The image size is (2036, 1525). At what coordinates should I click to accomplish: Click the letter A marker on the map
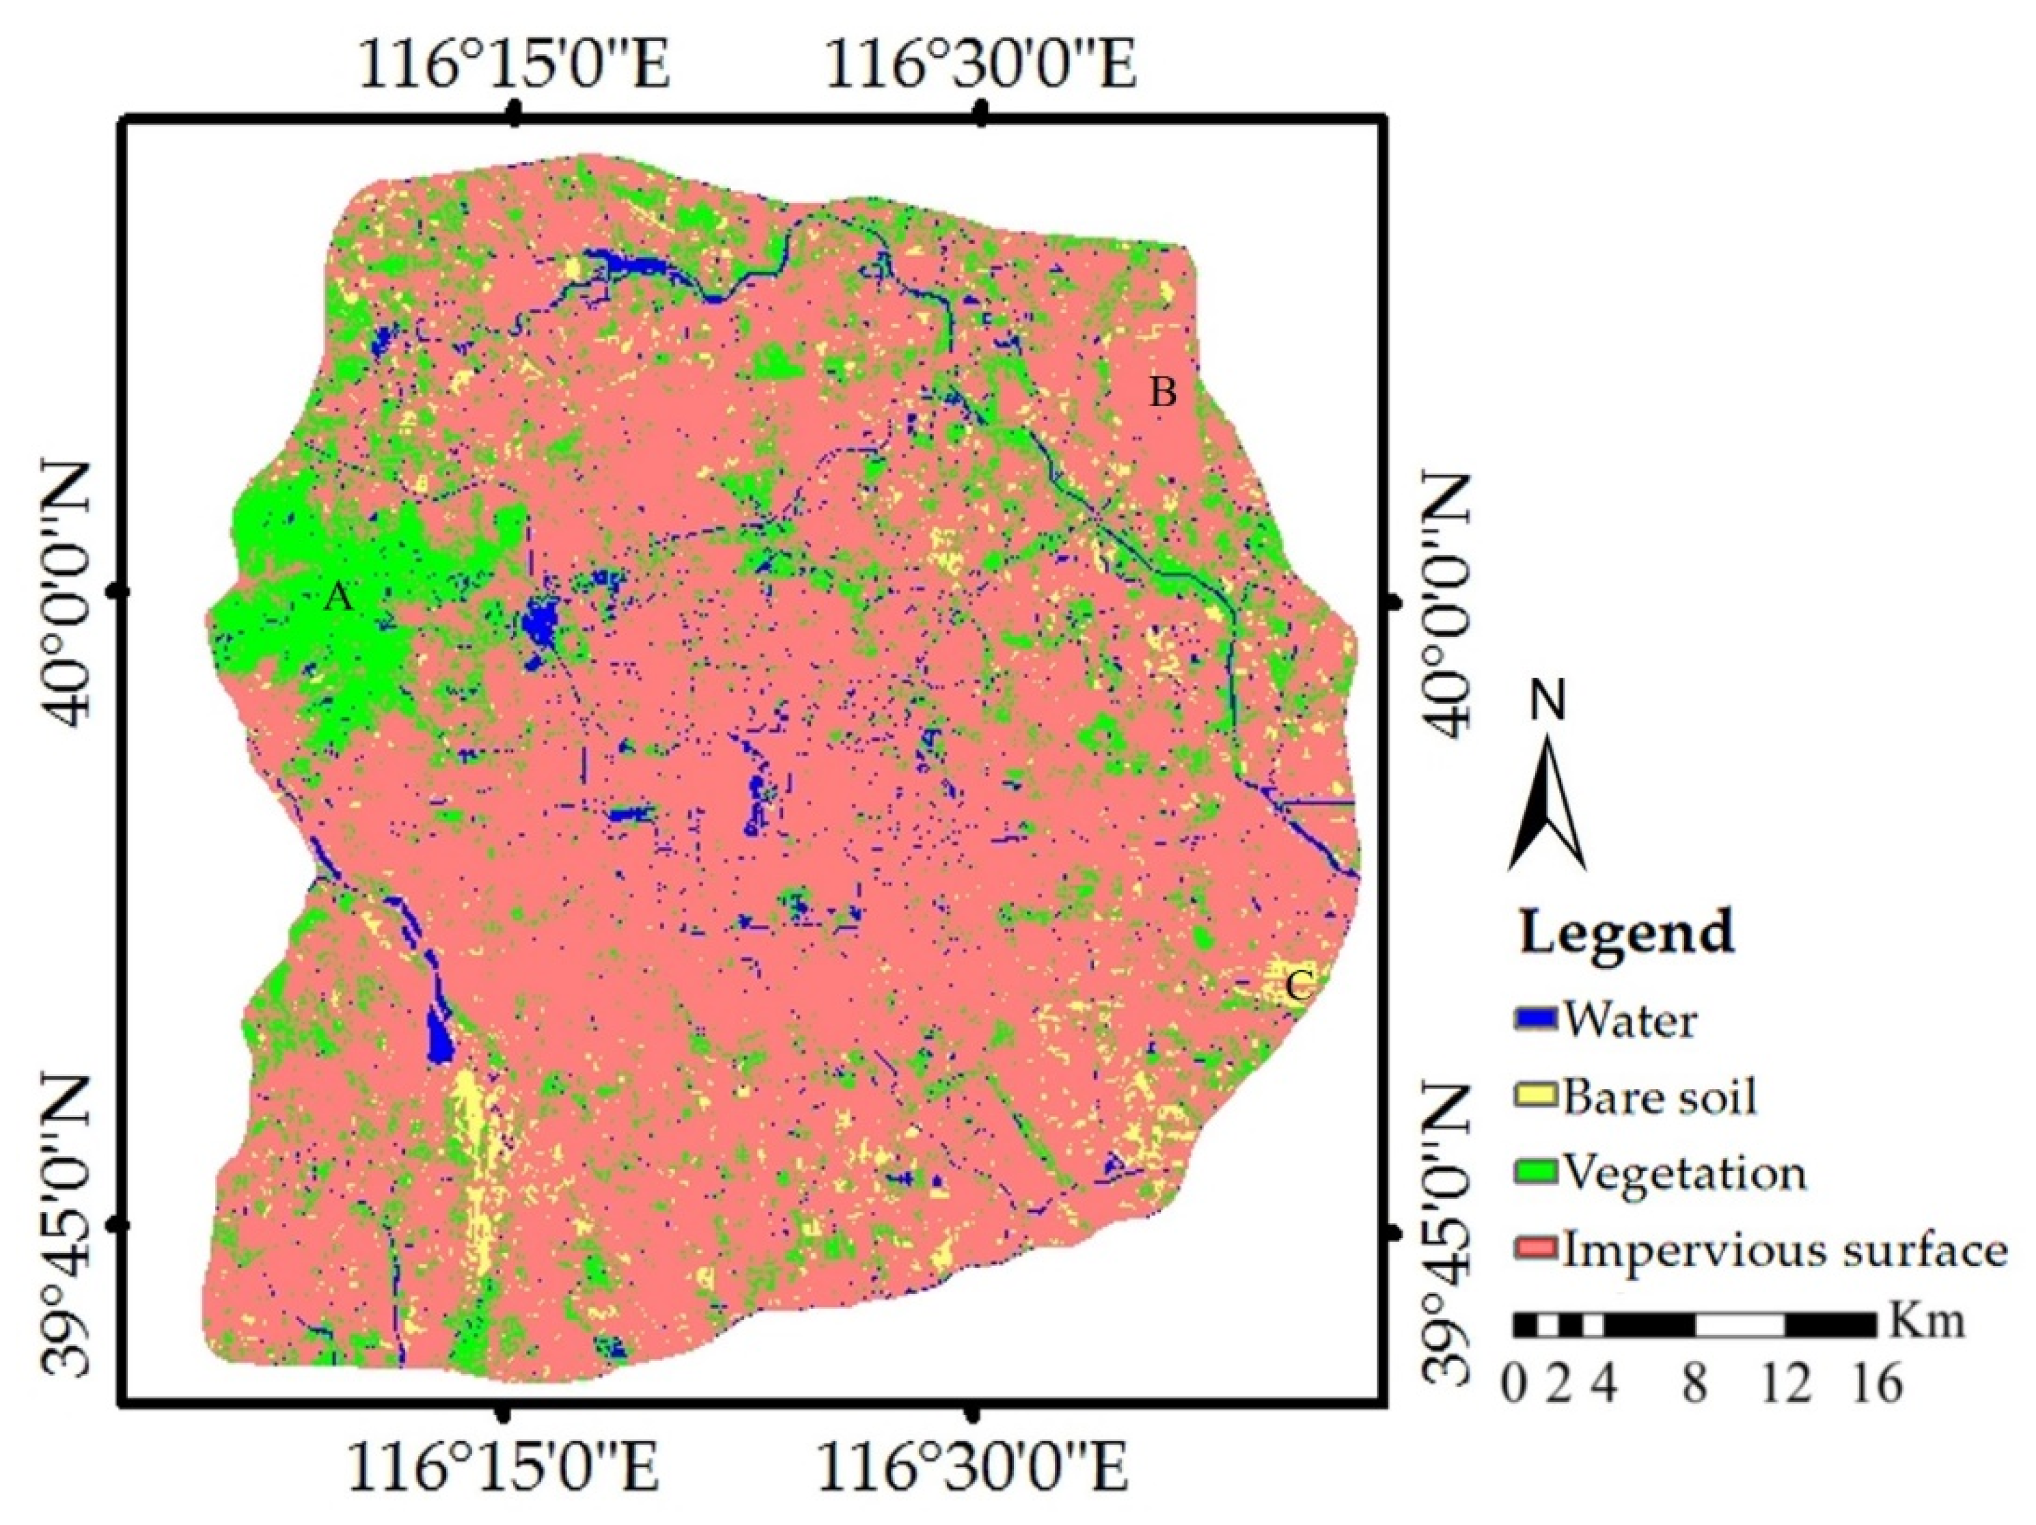(339, 599)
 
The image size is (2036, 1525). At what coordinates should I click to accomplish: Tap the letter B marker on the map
(1163, 393)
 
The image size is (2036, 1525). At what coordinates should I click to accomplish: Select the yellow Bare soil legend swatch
(1535, 1096)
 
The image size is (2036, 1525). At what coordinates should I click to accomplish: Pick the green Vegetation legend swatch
(1535, 1172)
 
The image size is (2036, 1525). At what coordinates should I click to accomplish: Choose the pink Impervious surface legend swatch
(1535, 1249)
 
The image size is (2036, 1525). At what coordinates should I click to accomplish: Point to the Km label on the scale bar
(1927, 1323)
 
